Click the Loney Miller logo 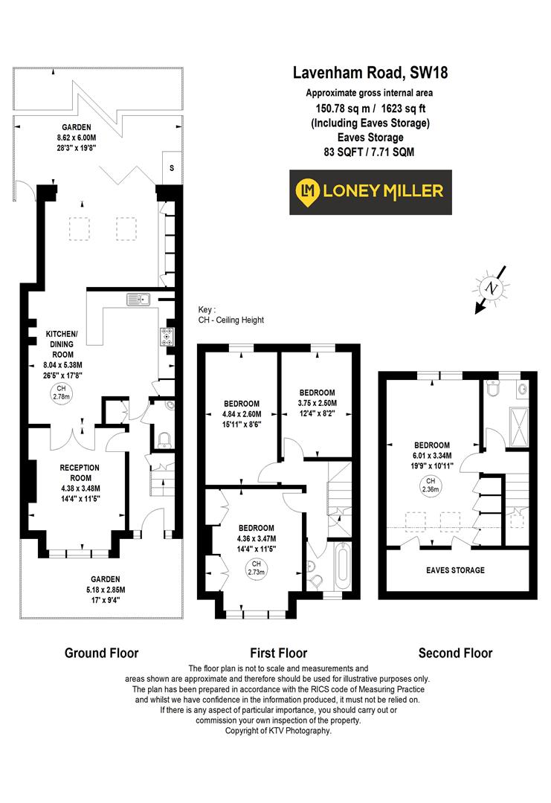click(x=370, y=191)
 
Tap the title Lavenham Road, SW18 click(x=370, y=73)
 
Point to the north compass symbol click(x=491, y=288)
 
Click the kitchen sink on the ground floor click(x=138, y=300)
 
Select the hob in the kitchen click(x=167, y=336)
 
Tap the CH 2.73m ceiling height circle click(x=256, y=567)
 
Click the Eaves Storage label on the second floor click(x=455, y=570)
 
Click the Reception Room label click(x=80, y=472)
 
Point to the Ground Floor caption click(x=101, y=654)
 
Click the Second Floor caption click(x=455, y=654)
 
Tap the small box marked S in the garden click(x=172, y=168)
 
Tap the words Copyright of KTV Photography click(x=278, y=731)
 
